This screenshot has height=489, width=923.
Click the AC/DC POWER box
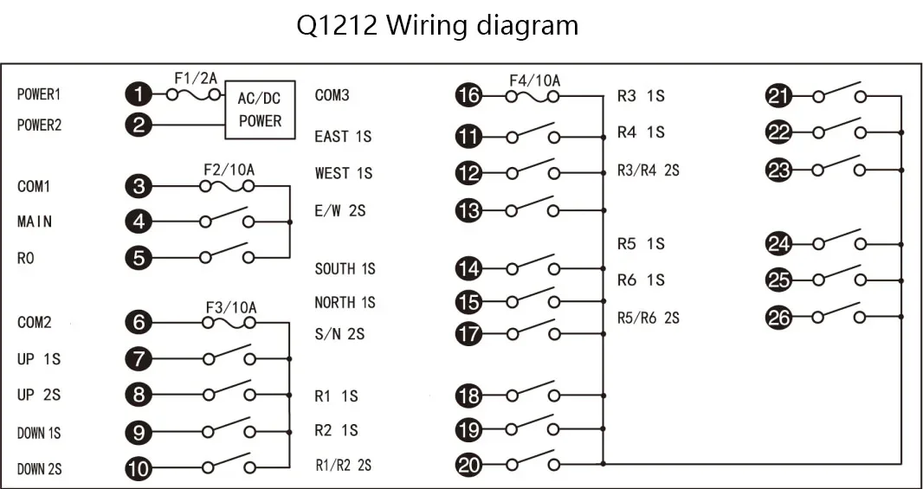(x=260, y=109)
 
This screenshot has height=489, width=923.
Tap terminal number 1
(x=139, y=94)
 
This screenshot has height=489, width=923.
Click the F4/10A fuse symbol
(x=532, y=95)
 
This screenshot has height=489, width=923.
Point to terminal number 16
(x=469, y=95)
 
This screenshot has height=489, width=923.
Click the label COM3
(x=332, y=95)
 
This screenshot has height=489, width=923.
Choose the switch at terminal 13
(x=532, y=206)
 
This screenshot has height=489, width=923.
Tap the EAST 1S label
(x=343, y=137)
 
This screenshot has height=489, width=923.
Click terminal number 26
(x=778, y=318)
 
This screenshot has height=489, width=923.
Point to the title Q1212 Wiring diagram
(x=437, y=26)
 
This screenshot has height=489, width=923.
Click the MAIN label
(x=35, y=222)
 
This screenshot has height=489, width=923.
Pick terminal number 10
(x=139, y=469)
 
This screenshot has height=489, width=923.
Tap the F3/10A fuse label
(x=231, y=308)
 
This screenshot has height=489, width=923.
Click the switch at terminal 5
(x=227, y=253)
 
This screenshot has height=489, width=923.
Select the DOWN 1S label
(x=40, y=434)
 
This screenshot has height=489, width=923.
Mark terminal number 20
(x=469, y=466)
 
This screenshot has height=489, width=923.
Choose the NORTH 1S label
(x=345, y=302)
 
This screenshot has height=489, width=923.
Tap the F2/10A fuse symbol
(x=227, y=187)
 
